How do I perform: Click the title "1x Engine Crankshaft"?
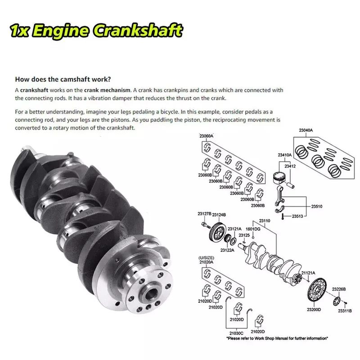point(96,30)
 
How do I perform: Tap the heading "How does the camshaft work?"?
point(63,80)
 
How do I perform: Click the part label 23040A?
point(306,130)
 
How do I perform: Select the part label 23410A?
point(285,155)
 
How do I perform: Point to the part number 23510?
point(317,207)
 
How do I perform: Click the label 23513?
point(297,216)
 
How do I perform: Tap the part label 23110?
point(265,220)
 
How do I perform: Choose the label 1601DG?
point(253,229)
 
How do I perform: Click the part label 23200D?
point(314,310)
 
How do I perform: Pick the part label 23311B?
point(345,311)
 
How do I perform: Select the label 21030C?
point(236,333)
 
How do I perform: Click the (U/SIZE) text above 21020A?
point(206,258)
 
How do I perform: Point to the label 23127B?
point(204,214)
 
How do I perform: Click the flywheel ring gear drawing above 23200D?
point(317,290)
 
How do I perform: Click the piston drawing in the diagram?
point(279,178)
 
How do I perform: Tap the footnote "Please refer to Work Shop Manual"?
point(277,338)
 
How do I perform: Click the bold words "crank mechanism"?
point(107,90)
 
